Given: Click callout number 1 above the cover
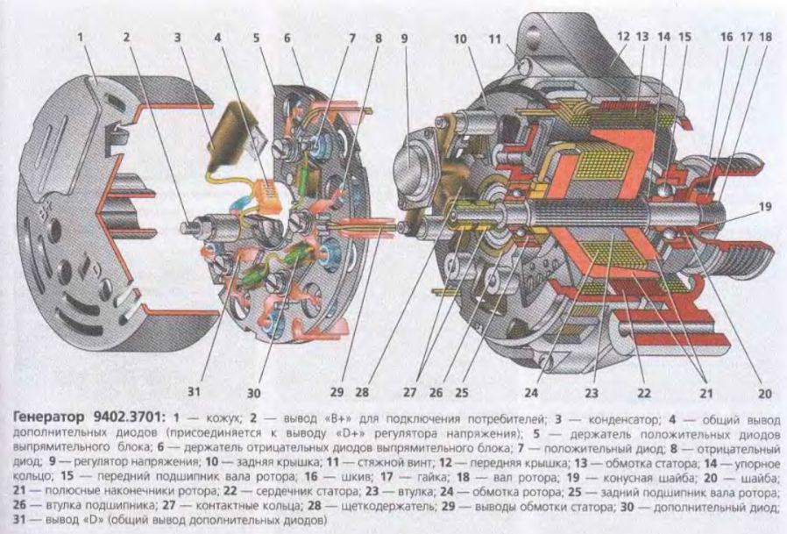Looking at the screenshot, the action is pyautogui.click(x=81, y=37).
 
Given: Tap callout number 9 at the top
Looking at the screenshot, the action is pyautogui.click(x=405, y=39).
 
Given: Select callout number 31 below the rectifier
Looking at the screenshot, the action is pyautogui.click(x=194, y=390).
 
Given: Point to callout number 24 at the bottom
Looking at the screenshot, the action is pyautogui.click(x=531, y=391).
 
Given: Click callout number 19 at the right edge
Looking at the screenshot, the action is pyautogui.click(x=764, y=206).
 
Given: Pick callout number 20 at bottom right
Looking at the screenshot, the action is pyautogui.click(x=765, y=393).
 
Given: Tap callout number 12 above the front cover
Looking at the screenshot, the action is pyautogui.click(x=623, y=36).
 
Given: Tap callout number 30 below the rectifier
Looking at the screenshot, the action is pyautogui.click(x=254, y=392).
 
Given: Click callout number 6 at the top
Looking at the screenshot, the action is pyautogui.click(x=287, y=38).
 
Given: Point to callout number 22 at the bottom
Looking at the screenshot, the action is pyautogui.click(x=644, y=392).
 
